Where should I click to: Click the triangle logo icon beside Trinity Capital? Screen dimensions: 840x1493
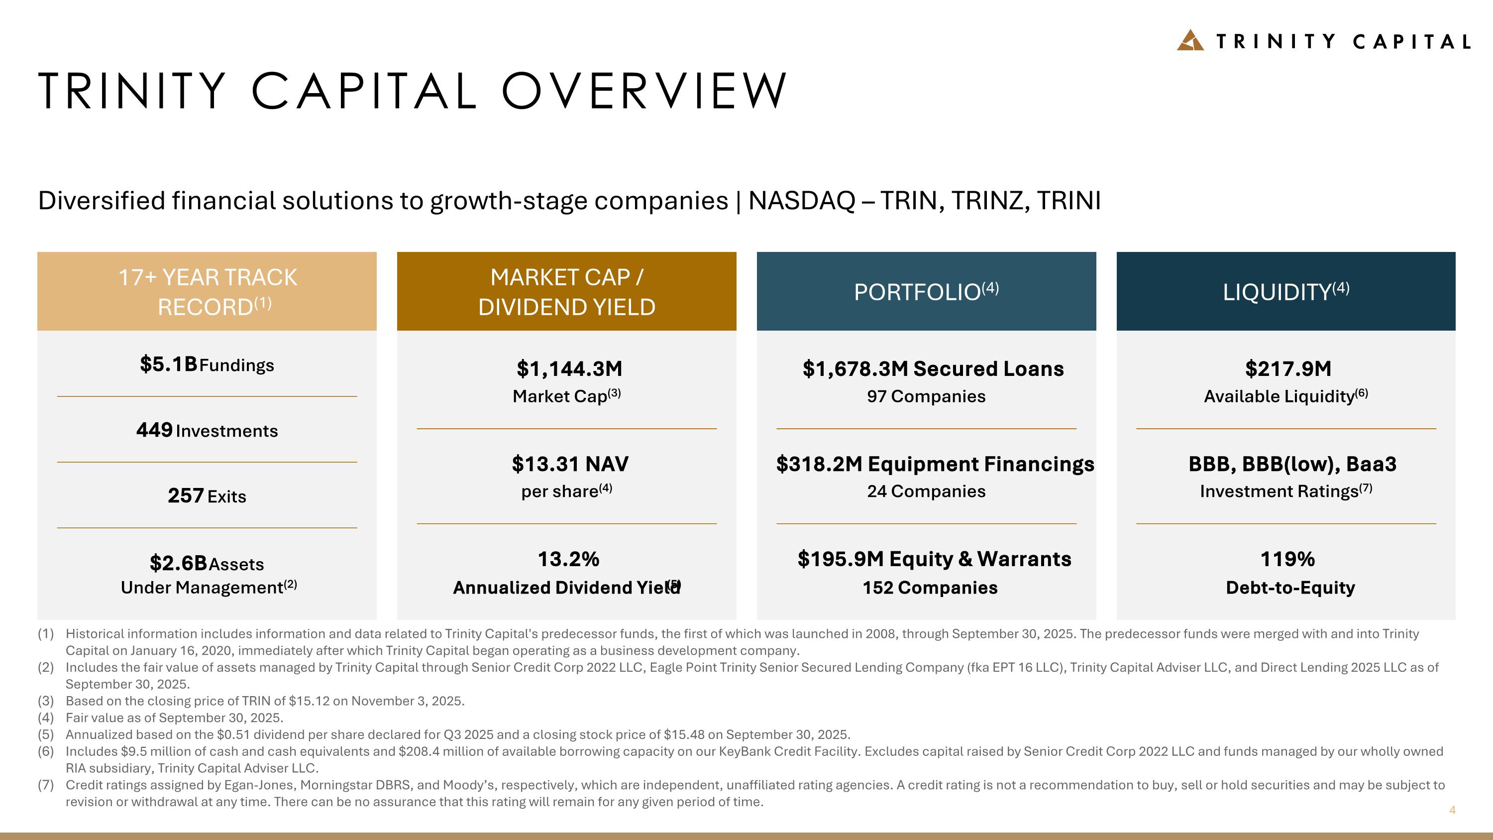tap(1190, 40)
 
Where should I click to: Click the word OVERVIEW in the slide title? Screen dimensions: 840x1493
tap(644, 91)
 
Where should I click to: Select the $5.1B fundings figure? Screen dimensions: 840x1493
tap(168, 364)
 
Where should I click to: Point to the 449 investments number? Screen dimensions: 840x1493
tap(154, 430)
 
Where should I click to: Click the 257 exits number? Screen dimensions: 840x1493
tap(186, 495)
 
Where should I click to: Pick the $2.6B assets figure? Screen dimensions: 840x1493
tap(178, 563)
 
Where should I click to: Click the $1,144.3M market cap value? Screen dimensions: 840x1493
tap(569, 368)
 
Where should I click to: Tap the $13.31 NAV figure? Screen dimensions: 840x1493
tap(570, 464)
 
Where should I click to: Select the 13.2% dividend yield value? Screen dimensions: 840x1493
tap(568, 559)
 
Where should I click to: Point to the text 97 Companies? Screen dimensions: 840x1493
tap(926, 396)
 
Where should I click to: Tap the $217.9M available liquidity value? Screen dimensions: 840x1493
tap(1288, 368)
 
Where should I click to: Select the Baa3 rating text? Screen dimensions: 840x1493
tap(1371, 464)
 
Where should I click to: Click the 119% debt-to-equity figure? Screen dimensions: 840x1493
tap(1287, 559)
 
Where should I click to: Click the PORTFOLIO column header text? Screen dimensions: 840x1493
tap(917, 292)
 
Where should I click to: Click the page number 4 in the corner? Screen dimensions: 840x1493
tap(1452, 810)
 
